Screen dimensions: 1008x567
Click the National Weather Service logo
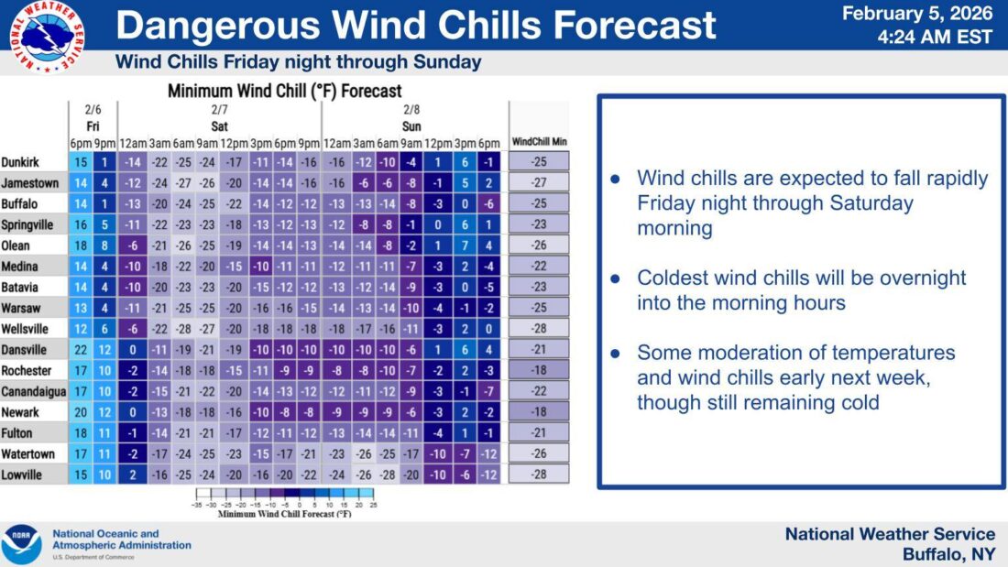(47, 37)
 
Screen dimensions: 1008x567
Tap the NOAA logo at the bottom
(21, 544)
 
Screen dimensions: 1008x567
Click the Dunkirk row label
(20, 162)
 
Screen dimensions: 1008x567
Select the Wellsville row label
(25, 329)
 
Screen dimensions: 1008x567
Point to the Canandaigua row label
(33, 391)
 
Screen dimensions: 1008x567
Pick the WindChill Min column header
(540, 141)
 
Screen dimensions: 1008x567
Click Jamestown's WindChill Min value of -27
(539, 182)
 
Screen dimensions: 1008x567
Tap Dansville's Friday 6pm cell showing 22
(81, 350)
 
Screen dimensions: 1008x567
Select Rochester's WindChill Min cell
(539, 370)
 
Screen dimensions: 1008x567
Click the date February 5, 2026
(917, 14)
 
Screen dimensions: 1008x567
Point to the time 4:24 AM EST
(935, 37)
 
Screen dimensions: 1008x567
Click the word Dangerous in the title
(218, 25)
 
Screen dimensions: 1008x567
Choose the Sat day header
(219, 126)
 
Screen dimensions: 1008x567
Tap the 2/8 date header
(411, 109)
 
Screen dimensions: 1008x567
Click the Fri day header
(93, 126)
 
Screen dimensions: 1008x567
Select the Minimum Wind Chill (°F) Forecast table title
(285, 91)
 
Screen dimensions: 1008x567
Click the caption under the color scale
(285, 514)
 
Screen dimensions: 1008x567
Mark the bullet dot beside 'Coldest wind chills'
(616, 278)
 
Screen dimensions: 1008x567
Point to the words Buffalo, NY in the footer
(948, 554)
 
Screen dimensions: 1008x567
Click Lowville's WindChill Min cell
(539, 474)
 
